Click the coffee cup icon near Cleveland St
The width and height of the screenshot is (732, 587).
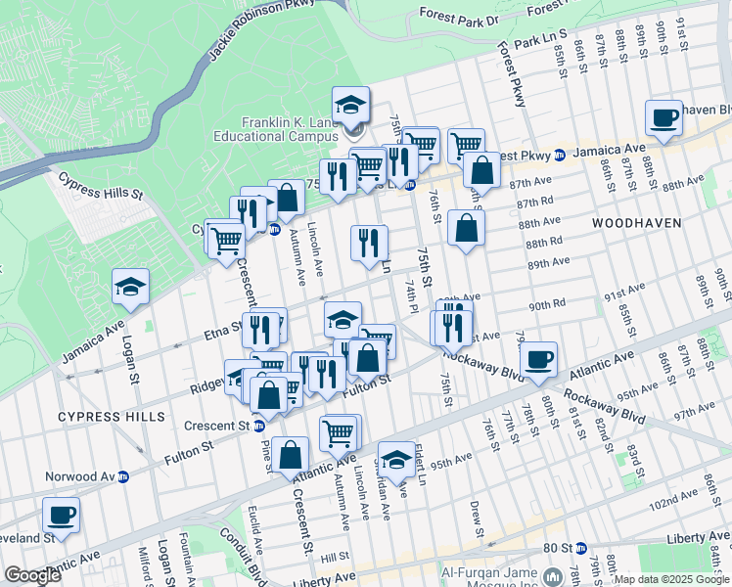pos(61,515)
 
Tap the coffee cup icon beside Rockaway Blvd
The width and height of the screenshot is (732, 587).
pos(538,359)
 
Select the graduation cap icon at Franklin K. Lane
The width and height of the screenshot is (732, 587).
pos(350,106)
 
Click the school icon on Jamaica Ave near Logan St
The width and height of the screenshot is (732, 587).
pos(130,287)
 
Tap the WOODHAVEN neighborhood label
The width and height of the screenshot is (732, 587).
pos(636,224)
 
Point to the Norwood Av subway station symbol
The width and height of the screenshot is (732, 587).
pos(123,477)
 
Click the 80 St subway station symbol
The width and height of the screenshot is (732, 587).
pos(580,548)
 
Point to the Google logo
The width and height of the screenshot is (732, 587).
pos(32,575)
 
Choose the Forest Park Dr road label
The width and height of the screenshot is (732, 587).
pos(459,16)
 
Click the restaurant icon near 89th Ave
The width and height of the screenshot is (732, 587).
pos(369,242)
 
